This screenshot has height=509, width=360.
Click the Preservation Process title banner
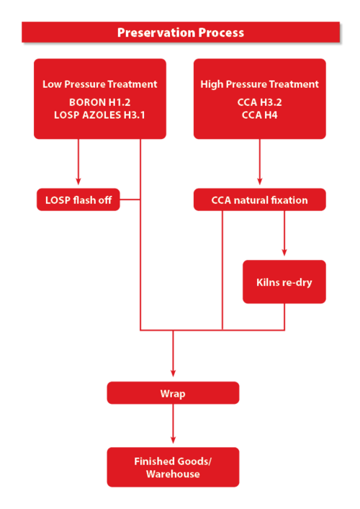tap(180, 32)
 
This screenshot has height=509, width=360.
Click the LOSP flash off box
tap(78, 199)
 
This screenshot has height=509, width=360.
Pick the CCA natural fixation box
tap(259, 199)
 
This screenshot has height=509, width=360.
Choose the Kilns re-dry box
tap(284, 281)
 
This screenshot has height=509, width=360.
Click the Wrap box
tap(173, 393)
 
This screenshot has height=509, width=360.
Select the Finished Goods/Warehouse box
tap(173, 467)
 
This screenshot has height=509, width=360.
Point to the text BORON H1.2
tap(99, 102)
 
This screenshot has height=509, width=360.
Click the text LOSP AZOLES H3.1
tap(99, 114)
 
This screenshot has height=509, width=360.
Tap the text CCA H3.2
tap(259, 102)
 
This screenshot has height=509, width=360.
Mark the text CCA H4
tap(259, 114)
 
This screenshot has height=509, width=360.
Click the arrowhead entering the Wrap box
tap(173, 373)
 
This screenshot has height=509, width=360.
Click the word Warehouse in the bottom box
tap(173, 474)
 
